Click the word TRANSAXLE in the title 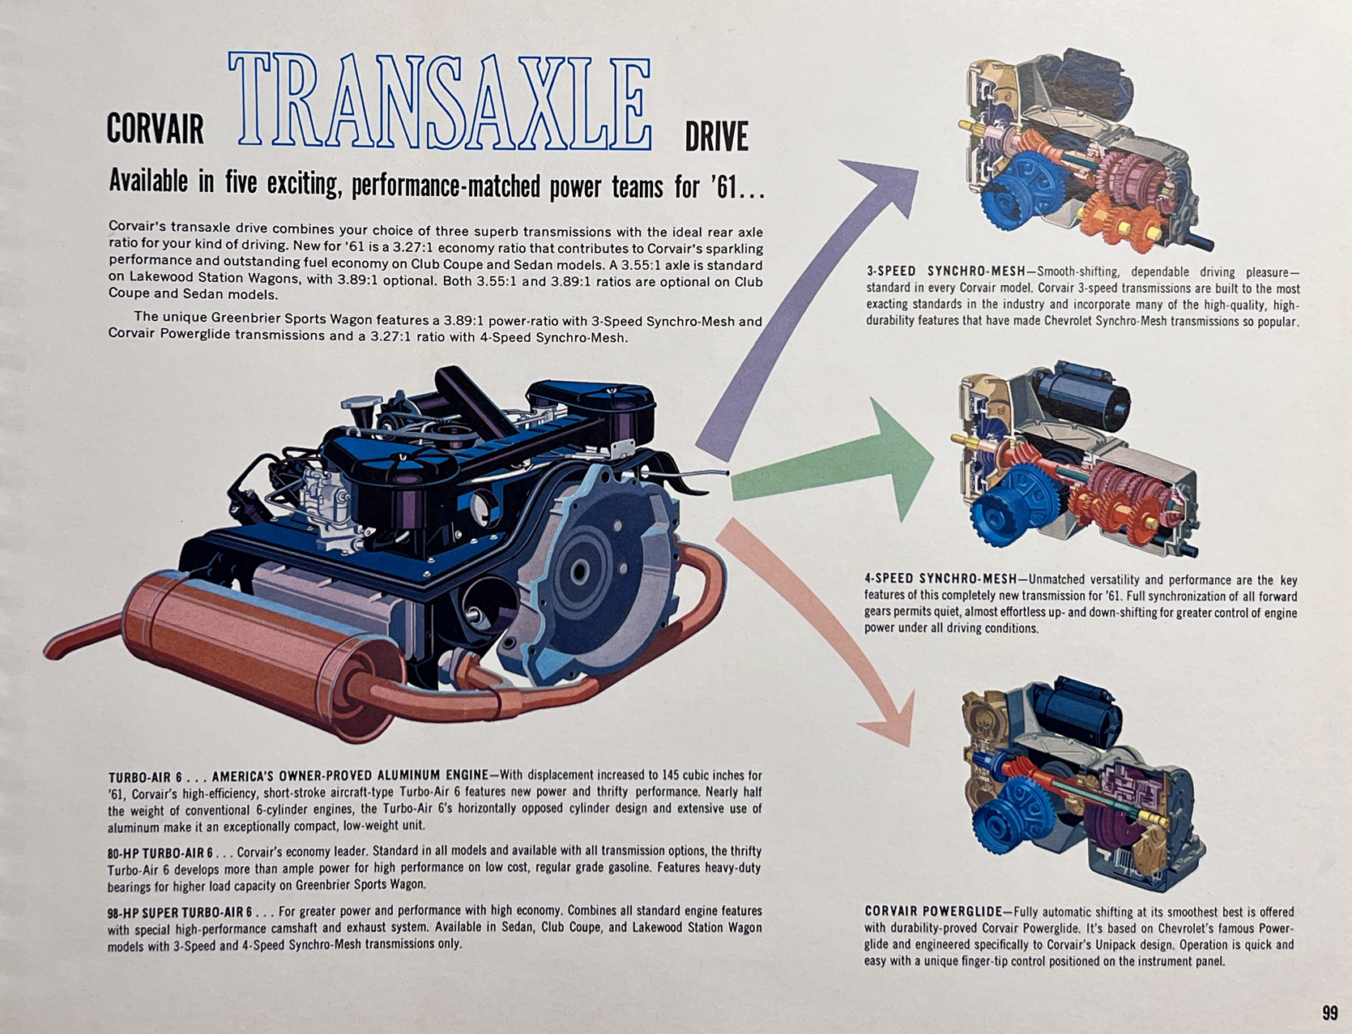tap(441, 101)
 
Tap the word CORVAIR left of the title tap(155, 128)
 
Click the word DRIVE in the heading tap(716, 136)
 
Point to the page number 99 tap(1329, 1013)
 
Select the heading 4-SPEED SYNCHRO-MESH tap(940, 579)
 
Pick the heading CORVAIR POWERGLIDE tap(932, 912)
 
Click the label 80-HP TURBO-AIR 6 tap(160, 852)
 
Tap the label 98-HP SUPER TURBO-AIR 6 tap(180, 912)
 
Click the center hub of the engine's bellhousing tap(578, 572)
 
